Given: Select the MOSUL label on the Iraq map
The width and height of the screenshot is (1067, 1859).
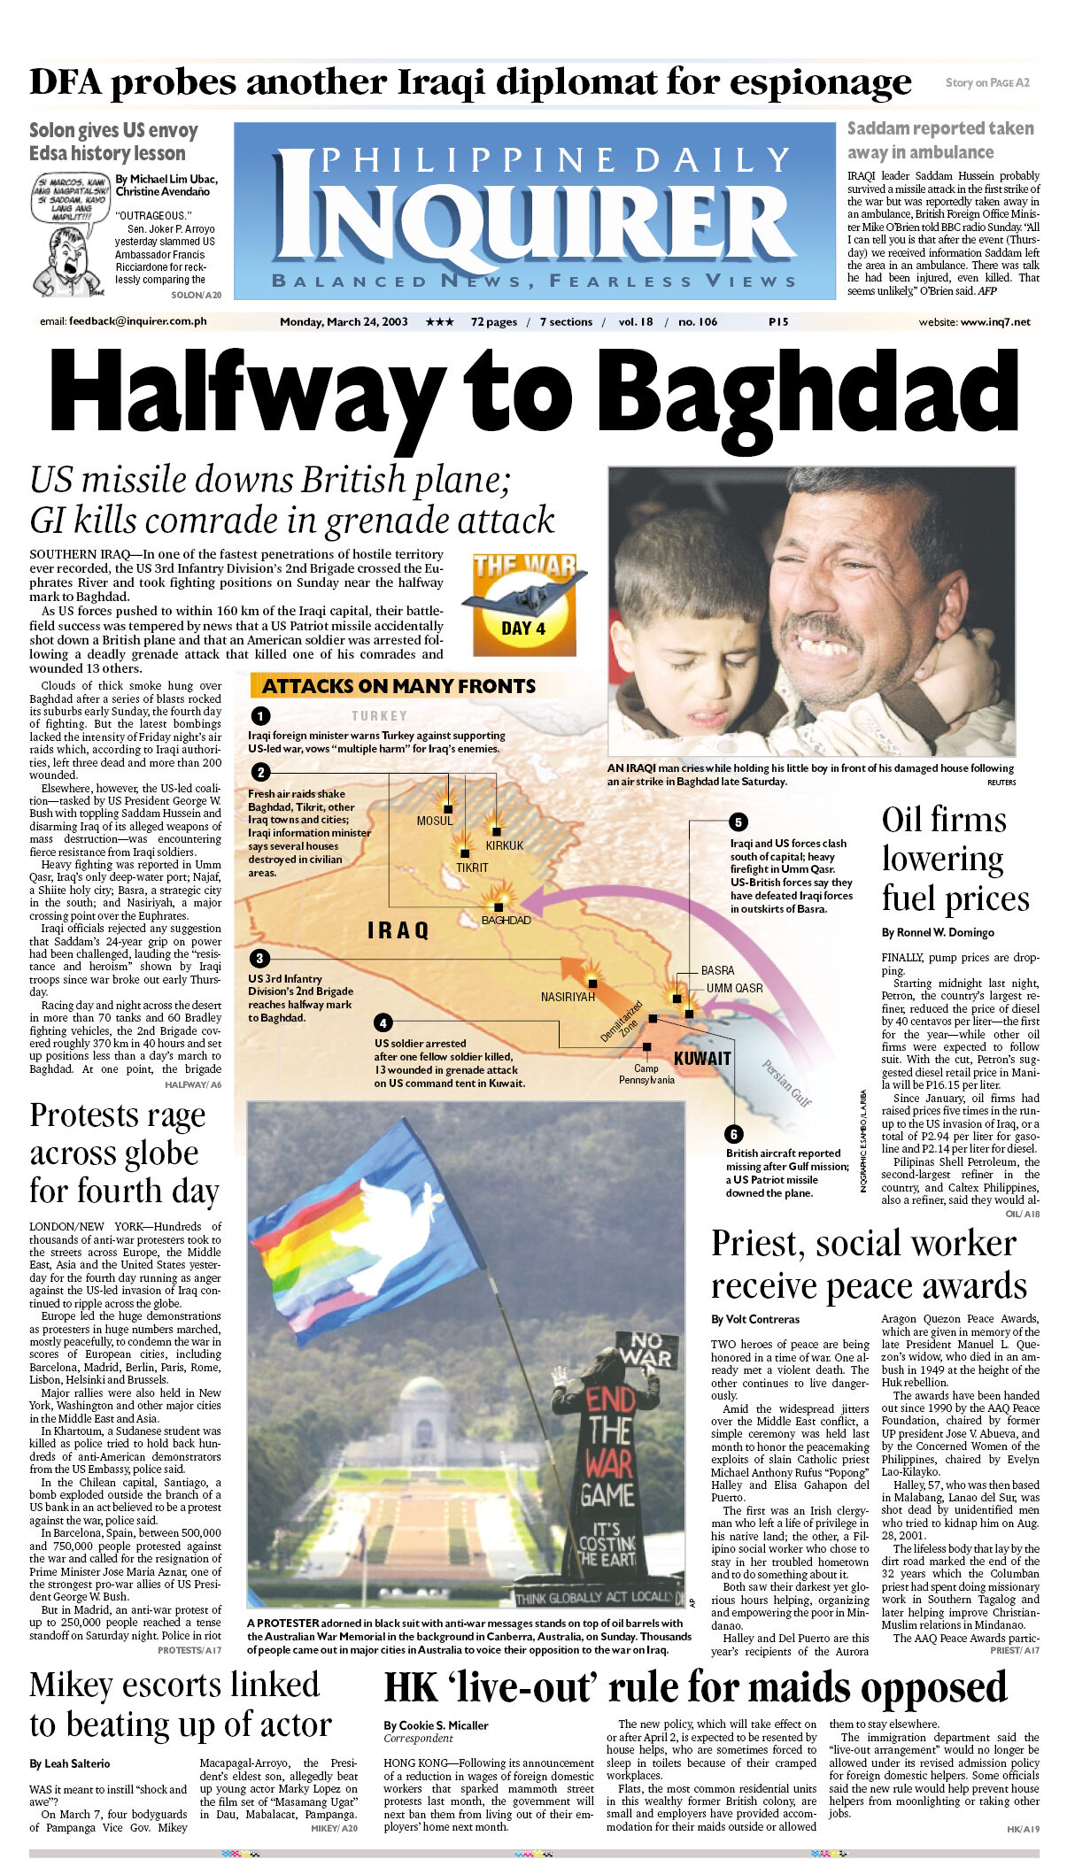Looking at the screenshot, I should tap(435, 821).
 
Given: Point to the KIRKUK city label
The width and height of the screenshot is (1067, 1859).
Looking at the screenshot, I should tap(505, 845).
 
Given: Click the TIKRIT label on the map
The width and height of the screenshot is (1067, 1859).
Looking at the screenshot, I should tap(472, 868).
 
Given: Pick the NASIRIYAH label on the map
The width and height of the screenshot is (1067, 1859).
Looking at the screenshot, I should tap(568, 997).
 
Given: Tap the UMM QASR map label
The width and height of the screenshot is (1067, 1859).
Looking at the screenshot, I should tap(734, 988).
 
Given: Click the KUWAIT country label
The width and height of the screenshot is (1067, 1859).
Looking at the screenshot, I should tap(702, 1058).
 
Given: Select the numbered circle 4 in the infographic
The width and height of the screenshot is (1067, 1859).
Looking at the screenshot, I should tap(383, 1023).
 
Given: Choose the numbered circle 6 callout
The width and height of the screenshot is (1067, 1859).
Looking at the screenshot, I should tap(733, 1134).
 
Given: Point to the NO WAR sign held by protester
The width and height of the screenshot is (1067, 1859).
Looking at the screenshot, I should tap(646, 1348).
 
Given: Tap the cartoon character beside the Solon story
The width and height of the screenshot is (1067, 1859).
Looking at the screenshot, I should tap(67, 262).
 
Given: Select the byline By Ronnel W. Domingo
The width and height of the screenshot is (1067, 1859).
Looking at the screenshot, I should tap(938, 932).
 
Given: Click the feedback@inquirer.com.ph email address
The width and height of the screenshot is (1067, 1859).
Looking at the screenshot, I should tap(137, 321).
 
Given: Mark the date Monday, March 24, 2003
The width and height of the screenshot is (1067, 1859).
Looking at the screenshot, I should tap(344, 321).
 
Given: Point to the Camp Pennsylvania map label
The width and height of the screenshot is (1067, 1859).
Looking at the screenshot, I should tap(646, 1074).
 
